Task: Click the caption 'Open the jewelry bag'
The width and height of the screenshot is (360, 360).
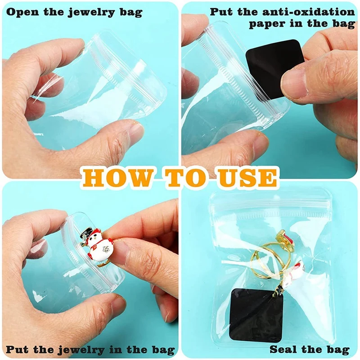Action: (x=74, y=12)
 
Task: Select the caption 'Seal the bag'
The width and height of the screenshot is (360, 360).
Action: (x=310, y=349)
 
